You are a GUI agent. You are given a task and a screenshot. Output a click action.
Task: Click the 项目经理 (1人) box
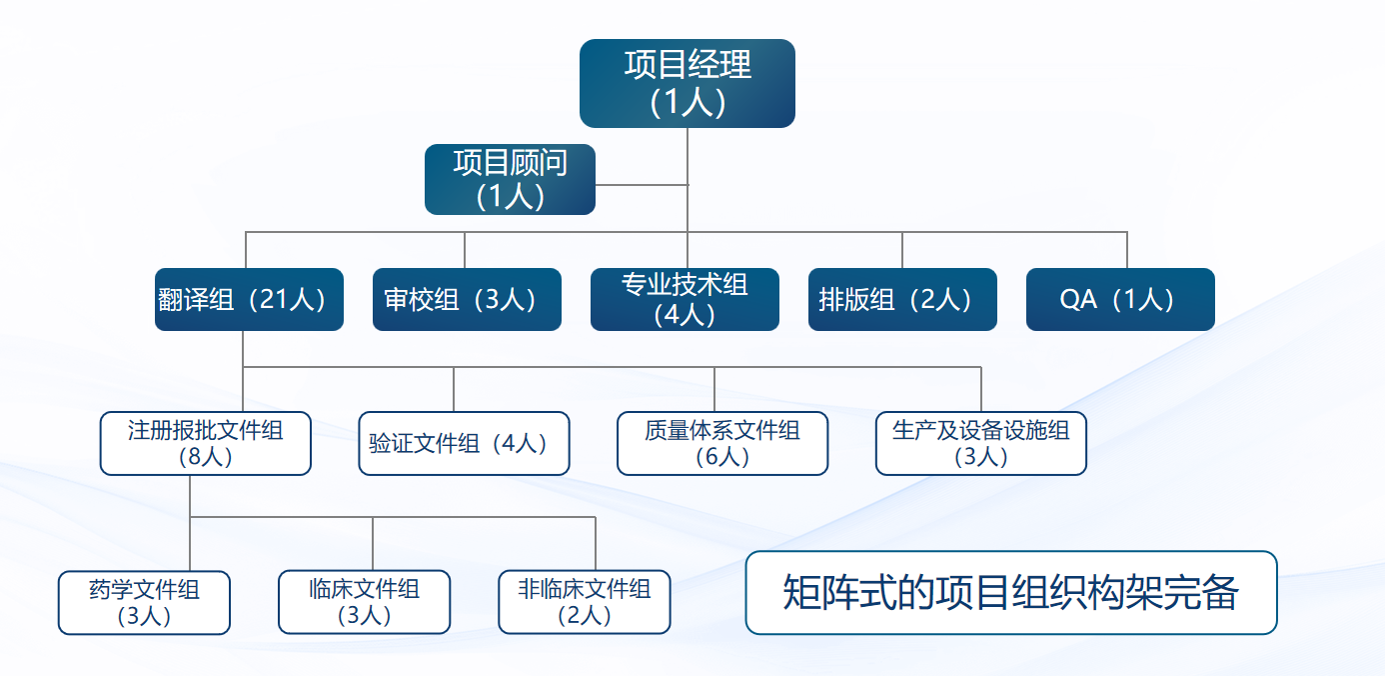tap(688, 83)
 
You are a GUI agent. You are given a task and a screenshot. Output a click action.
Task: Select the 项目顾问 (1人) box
tap(510, 179)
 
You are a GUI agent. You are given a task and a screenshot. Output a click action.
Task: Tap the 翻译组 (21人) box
tap(249, 299)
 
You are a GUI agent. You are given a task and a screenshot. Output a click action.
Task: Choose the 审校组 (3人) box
tap(467, 299)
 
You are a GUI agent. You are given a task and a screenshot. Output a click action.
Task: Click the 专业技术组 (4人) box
tap(685, 299)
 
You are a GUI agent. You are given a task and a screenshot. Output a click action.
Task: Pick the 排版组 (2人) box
tap(902, 299)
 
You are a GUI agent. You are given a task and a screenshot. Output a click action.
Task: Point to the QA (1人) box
tap(1120, 299)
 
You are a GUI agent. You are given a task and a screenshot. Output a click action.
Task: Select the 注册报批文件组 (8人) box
tap(206, 443)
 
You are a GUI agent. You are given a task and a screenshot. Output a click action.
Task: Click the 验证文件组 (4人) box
tap(464, 443)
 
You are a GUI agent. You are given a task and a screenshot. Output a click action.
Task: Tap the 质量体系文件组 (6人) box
tap(722, 443)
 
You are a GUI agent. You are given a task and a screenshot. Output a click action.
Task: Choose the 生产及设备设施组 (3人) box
tap(980, 443)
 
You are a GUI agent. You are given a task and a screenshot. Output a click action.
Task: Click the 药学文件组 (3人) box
tap(144, 602)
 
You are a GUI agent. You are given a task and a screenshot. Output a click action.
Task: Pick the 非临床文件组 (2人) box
tap(585, 602)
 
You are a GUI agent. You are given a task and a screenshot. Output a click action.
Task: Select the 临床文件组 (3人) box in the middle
tap(364, 602)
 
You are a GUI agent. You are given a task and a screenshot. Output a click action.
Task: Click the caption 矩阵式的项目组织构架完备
tap(1011, 592)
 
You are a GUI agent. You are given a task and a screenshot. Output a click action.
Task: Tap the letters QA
tap(1078, 300)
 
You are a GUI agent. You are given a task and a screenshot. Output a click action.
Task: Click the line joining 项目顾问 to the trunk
tap(642, 184)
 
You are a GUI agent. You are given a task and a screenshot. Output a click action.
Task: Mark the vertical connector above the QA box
tap(1127, 250)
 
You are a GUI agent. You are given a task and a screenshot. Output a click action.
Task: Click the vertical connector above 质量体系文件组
tap(714, 390)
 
